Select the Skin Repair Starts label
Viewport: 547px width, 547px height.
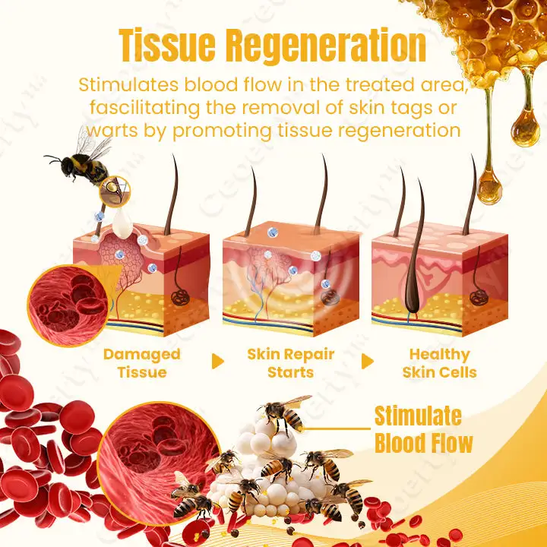(x=291, y=362)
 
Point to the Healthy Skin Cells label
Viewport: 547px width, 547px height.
(x=440, y=362)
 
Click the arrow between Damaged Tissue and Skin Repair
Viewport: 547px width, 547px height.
(x=218, y=362)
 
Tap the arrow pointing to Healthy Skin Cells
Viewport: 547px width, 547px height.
(x=368, y=362)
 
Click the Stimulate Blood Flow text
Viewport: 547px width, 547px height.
(x=423, y=429)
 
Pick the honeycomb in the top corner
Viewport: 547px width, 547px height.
(x=486, y=30)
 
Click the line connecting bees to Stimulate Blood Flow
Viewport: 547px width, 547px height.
(x=338, y=428)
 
